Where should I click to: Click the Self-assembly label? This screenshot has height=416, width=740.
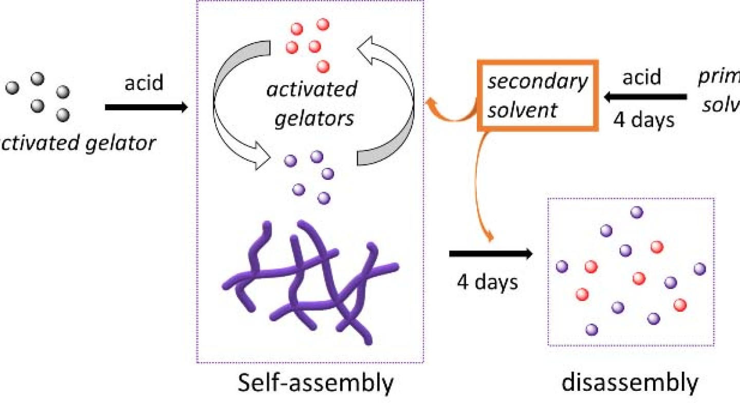click(x=315, y=384)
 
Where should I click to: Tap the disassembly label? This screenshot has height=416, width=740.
click(x=630, y=383)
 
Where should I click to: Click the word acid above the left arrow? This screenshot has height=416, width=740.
click(x=144, y=82)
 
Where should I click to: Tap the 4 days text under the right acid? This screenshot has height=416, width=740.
click(x=644, y=120)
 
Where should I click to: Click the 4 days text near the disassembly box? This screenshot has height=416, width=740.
click(x=487, y=282)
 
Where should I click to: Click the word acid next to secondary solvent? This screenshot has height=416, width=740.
click(x=641, y=77)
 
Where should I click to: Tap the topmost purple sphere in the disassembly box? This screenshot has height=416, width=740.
click(x=637, y=212)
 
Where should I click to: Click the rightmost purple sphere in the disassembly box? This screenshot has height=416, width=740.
click(x=699, y=269)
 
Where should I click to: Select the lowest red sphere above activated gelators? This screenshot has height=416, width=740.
click(x=323, y=66)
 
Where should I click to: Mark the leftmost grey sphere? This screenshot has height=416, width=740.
click(x=12, y=88)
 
